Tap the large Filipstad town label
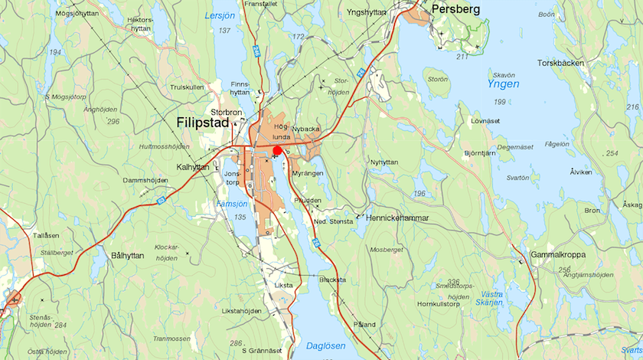click(202, 123)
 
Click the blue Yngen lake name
click(501, 83)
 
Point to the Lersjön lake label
click(220, 15)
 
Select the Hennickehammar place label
click(397, 218)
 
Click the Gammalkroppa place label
click(560, 254)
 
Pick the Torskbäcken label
click(560, 63)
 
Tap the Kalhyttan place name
click(193, 166)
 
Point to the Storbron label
click(226, 111)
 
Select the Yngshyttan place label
click(367, 13)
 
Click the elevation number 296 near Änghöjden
click(113, 121)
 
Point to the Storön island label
click(438, 79)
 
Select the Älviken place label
click(581, 172)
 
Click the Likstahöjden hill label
click(241, 311)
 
